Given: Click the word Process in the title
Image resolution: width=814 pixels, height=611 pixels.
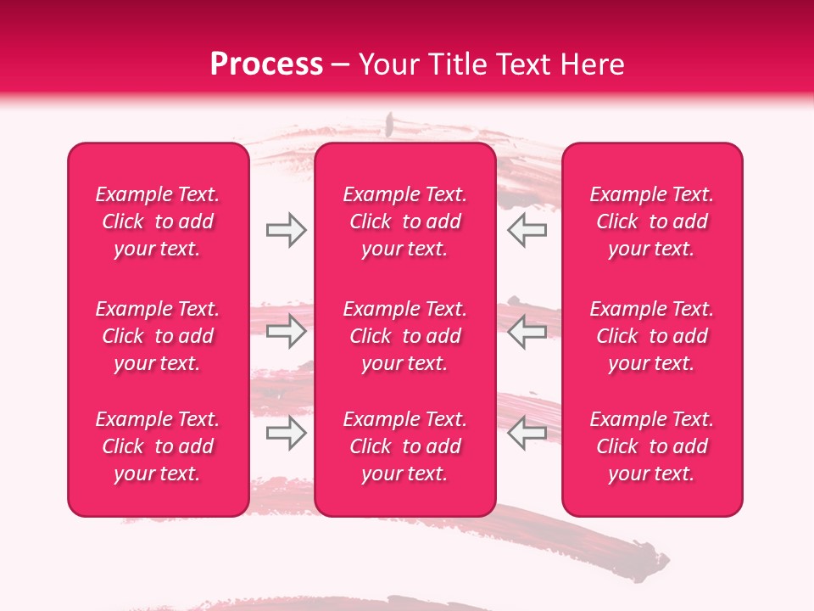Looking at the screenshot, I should click(266, 64).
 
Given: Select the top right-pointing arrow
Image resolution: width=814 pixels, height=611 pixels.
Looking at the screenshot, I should click(286, 230).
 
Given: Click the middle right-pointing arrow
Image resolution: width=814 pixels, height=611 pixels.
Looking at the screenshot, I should click(286, 332).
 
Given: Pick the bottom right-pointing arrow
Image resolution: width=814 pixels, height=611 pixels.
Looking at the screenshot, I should click(286, 434).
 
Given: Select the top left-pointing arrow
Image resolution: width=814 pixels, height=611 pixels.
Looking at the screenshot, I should click(527, 230).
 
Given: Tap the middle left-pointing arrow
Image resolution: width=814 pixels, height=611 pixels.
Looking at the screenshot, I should click(527, 332).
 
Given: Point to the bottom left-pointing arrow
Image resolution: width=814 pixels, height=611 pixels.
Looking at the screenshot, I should click(527, 434).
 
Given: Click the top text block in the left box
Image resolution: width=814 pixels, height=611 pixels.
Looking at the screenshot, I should click(158, 221).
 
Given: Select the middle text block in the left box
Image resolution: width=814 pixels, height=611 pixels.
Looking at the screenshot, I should click(158, 336).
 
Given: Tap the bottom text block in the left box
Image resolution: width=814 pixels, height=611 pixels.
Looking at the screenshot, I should click(158, 446).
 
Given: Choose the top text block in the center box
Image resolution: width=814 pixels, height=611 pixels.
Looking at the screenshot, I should click(405, 221).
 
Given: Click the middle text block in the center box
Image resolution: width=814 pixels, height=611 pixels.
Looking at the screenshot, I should click(405, 336).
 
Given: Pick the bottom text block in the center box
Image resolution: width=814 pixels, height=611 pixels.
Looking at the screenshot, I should click(405, 446).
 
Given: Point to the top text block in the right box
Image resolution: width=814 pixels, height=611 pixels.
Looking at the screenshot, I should click(652, 221).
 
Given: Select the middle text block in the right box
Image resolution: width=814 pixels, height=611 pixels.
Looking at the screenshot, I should click(652, 336).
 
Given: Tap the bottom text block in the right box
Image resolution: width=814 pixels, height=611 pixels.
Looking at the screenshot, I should click(652, 446).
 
